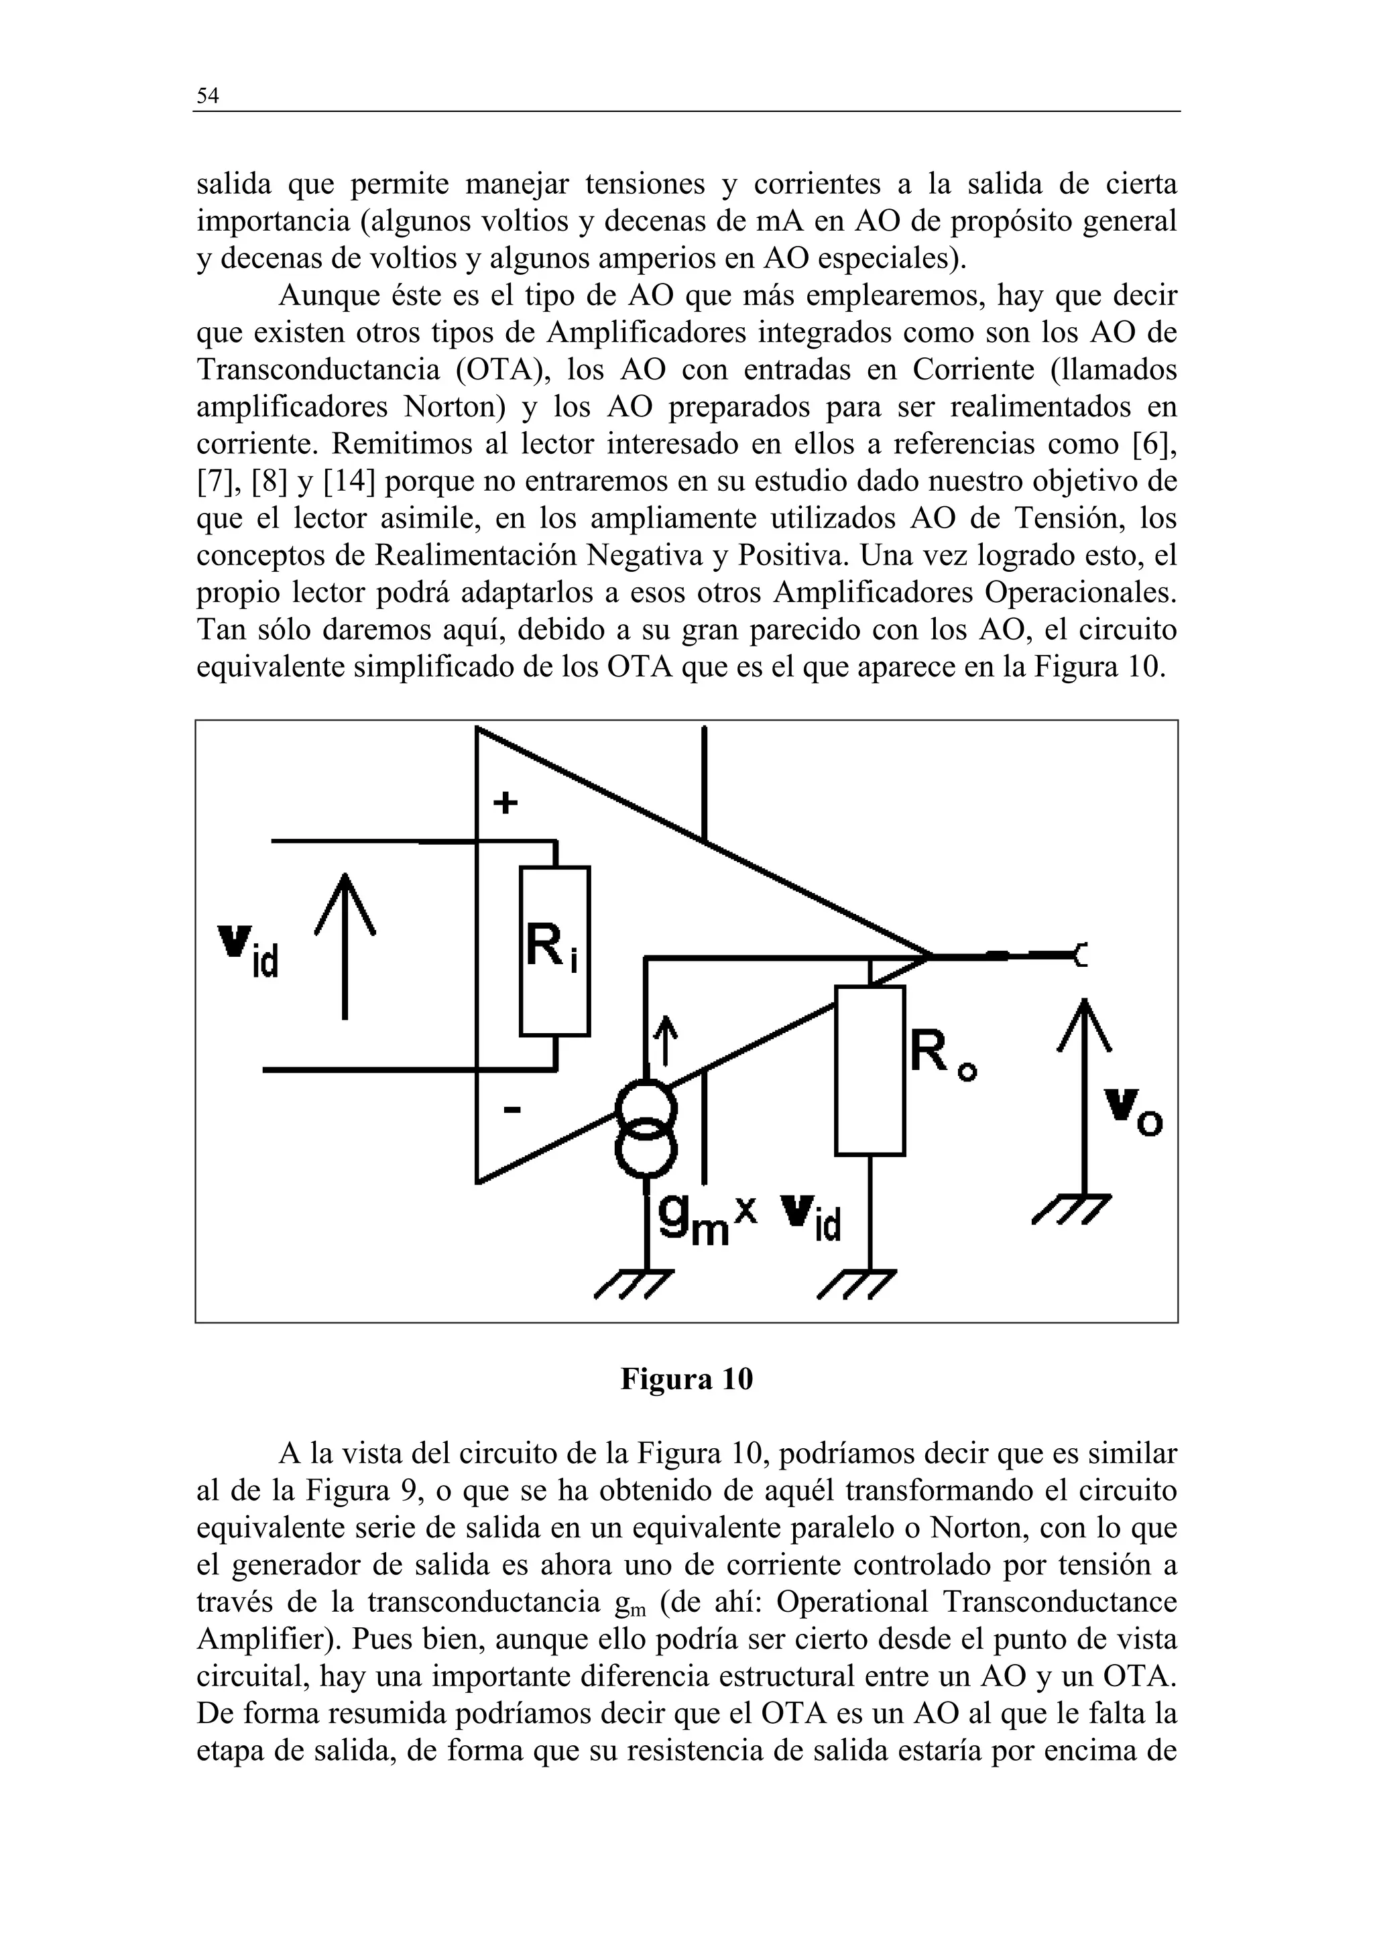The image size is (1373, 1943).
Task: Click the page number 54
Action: pos(207,96)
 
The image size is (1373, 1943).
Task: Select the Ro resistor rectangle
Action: pos(870,1071)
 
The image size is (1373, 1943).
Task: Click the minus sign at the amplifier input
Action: pos(512,1110)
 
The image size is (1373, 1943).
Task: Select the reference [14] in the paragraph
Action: pos(349,481)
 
